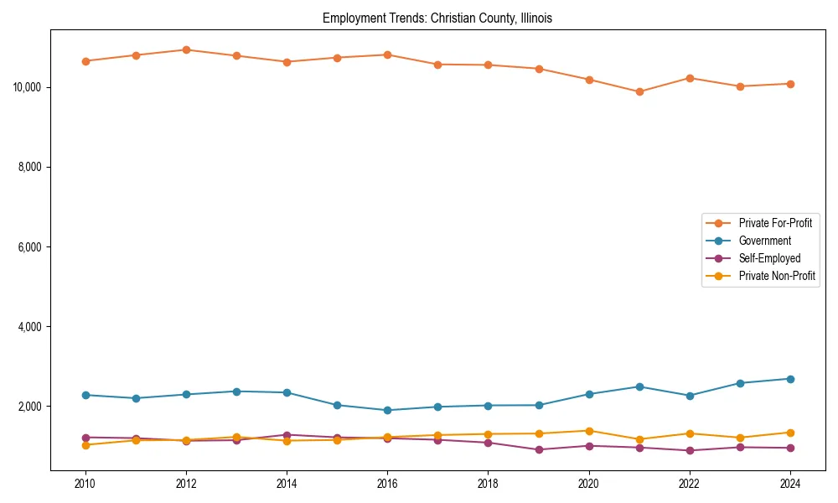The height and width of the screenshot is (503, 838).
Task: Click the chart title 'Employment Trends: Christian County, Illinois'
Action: (x=437, y=18)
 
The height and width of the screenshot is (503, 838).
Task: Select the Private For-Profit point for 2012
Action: (x=186, y=49)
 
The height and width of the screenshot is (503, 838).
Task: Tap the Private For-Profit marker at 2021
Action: (x=639, y=91)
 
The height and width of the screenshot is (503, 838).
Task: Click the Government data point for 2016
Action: (x=387, y=410)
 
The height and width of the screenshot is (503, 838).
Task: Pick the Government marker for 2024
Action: (x=790, y=379)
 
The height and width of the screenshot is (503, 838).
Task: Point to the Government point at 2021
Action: (x=639, y=386)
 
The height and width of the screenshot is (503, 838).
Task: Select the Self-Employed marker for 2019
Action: (x=539, y=449)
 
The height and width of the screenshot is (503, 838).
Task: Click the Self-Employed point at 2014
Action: (x=287, y=435)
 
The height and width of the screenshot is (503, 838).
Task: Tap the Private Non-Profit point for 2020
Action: (x=589, y=431)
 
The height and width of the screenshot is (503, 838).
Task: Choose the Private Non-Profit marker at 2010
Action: (x=85, y=445)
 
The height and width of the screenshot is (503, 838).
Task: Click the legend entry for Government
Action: (x=764, y=241)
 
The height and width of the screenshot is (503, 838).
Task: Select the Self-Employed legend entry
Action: (x=769, y=258)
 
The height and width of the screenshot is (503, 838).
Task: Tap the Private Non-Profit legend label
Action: (x=777, y=276)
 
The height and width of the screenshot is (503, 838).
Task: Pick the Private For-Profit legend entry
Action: (x=775, y=223)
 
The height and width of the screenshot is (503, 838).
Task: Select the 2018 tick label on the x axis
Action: (x=489, y=483)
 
